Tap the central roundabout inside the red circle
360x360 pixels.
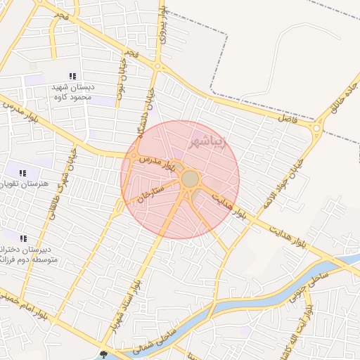(191, 179)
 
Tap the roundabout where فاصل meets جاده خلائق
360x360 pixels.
(319, 128)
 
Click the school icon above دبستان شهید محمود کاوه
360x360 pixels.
(72, 76)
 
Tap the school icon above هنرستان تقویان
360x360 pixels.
(22, 173)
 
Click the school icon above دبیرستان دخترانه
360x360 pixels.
(23, 238)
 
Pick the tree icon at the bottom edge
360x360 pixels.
(105, 355)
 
